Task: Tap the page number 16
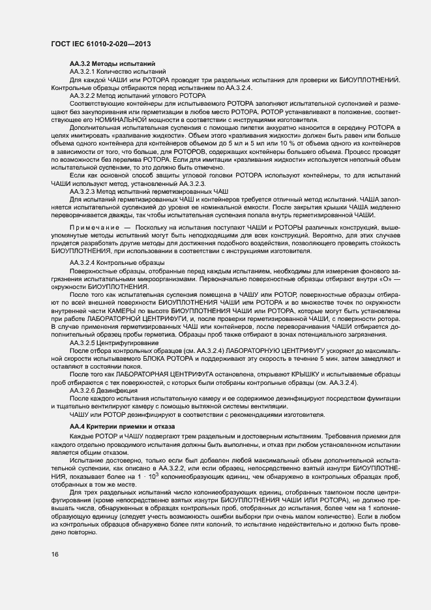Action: click(54, 554)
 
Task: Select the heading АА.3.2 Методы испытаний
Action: click(112, 63)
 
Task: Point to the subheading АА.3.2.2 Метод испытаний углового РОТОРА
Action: click(138, 95)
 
